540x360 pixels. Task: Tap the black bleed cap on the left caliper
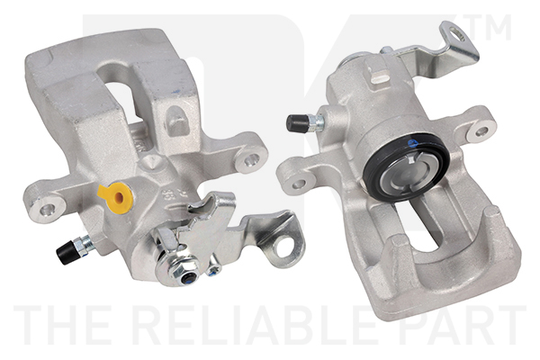click(66, 253)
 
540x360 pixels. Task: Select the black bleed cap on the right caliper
click(294, 122)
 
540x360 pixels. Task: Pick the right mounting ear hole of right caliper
click(481, 130)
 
